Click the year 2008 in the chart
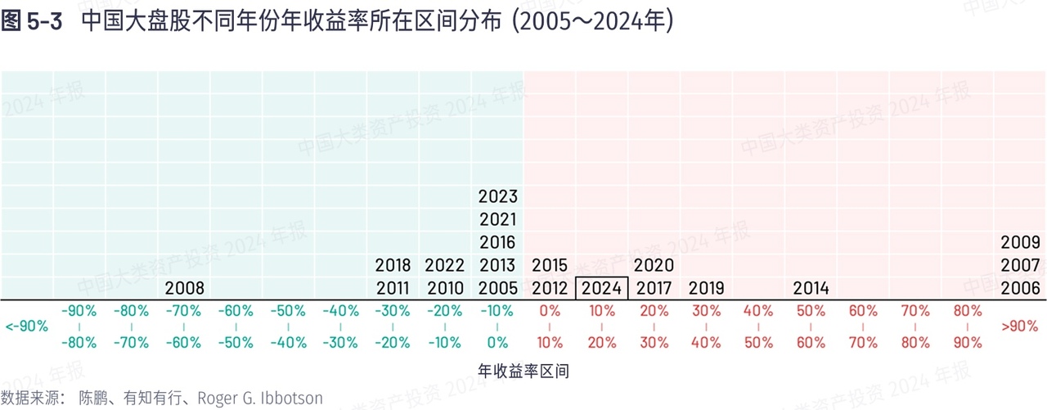point(184,288)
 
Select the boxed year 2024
point(601,288)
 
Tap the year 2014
point(811,288)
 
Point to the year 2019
point(706,288)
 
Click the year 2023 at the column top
point(497,196)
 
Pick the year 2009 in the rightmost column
point(1020,242)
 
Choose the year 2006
point(1020,288)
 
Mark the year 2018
point(393,265)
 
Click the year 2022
point(445,265)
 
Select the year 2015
point(550,265)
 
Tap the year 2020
point(654,265)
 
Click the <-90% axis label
point(26,327)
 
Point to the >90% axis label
point(1020,327)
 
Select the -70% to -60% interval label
point(184,327)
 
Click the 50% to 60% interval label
point(811,327)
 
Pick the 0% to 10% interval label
point(550,327)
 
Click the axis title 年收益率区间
point(523,372)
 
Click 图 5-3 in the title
point(32,22)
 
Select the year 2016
point(497,242)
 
